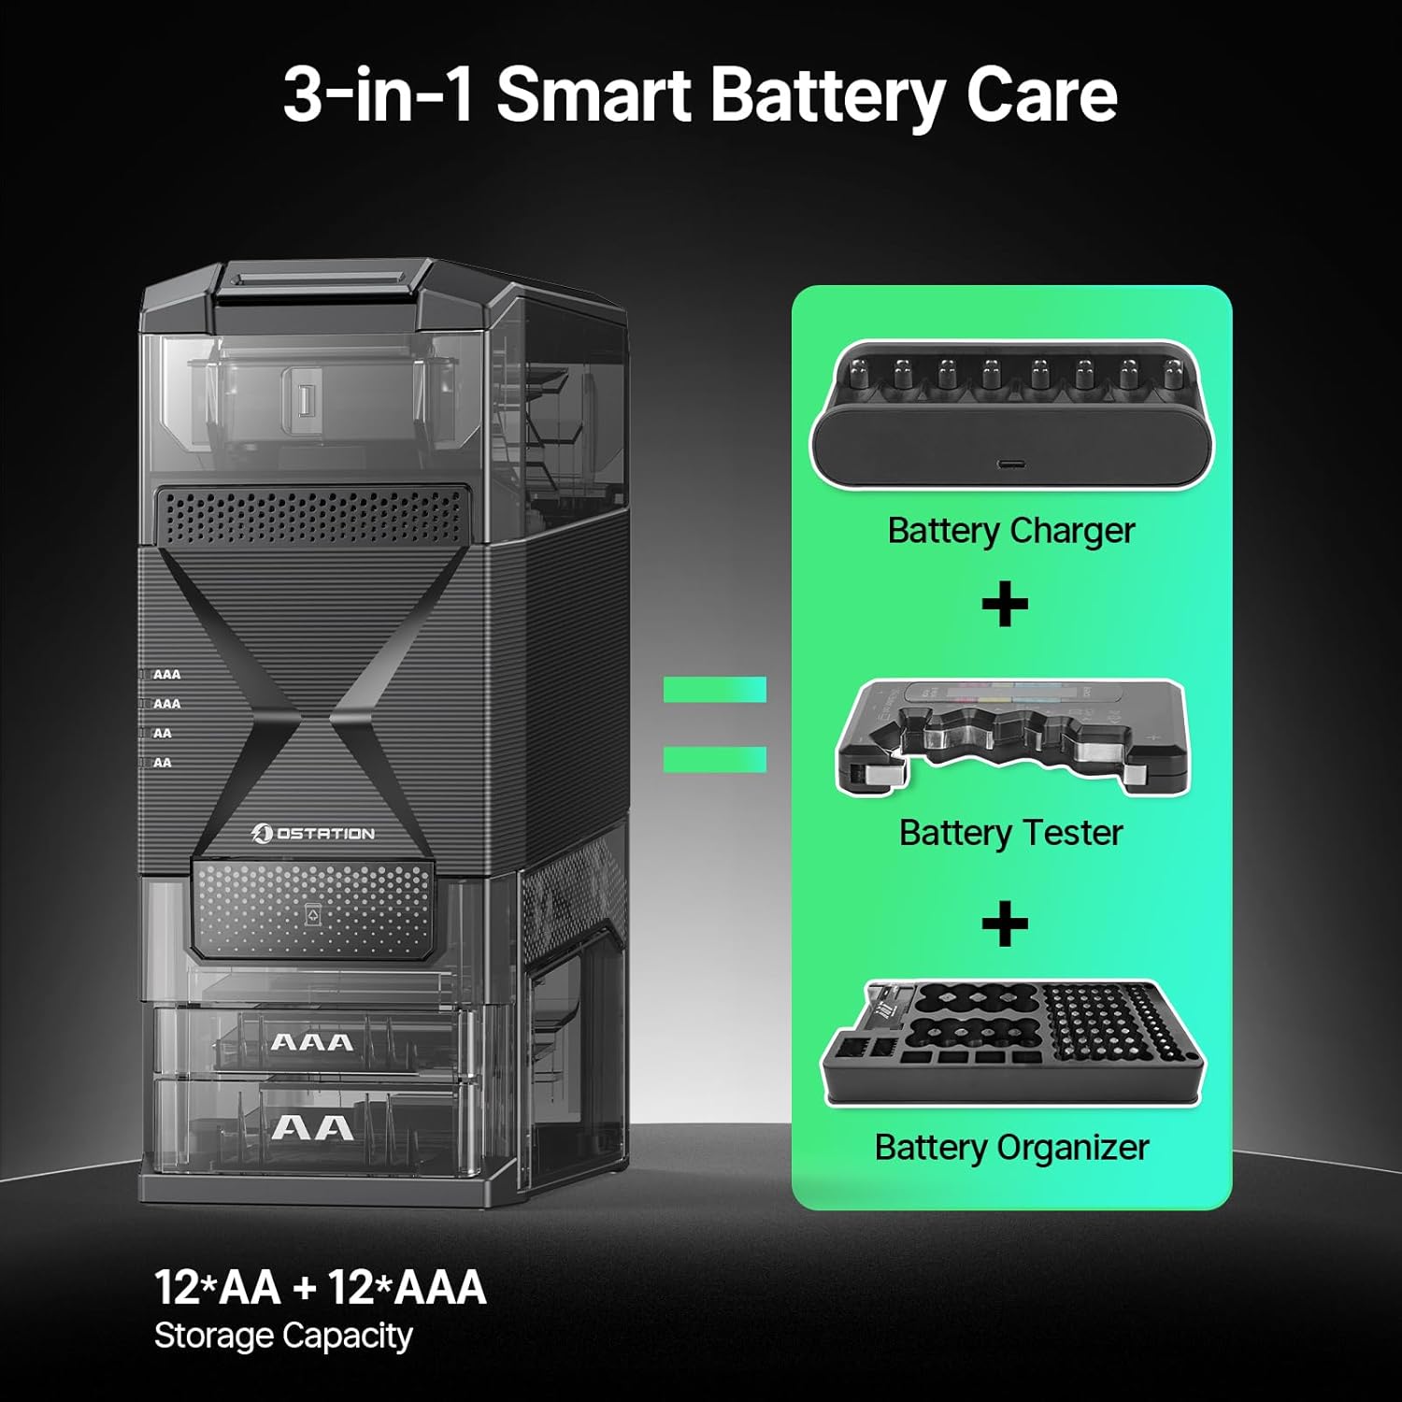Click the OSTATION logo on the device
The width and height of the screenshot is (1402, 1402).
(x=314, y=833)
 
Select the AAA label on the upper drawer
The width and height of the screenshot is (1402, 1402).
(x=312, y=1042)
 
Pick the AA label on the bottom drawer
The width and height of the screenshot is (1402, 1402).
(x=312, y=1128)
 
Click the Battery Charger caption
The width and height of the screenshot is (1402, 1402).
(x=1010, y=531)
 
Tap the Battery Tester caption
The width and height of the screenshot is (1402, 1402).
(x=1010, y=833)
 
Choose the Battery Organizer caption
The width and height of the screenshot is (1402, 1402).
(x=1011, y=1148)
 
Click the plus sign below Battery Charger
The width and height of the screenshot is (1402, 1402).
(x=1005, y=605)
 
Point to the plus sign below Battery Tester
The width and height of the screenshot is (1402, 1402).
(x=1005, y=924)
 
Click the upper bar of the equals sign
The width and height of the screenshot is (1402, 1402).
(x=714, y=690)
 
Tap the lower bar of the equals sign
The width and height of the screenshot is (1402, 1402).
(x=714, y=759)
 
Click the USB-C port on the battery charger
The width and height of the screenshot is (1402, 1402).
(x=1010, y=465)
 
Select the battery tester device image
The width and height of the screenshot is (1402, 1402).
(x=1011, y=738)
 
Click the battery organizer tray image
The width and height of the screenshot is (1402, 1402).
(x=1011, y=1042)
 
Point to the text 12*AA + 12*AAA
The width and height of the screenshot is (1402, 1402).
(x=320, y=1287)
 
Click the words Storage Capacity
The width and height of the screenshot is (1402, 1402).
(x=282, y=1336)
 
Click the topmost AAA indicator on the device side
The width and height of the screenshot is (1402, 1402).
(x=166, y=674)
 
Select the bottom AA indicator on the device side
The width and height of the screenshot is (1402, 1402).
(x=162, y=763)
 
